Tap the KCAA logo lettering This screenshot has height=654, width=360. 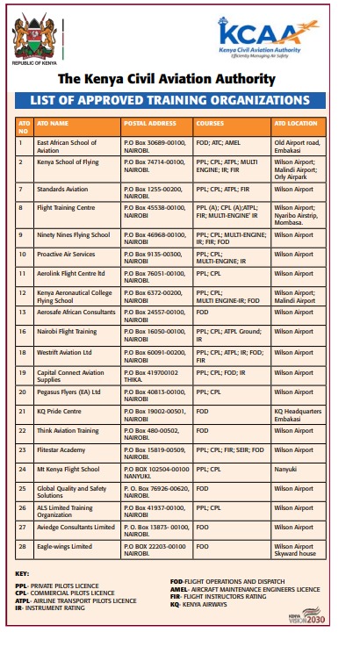262,34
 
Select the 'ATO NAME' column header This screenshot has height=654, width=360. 53,124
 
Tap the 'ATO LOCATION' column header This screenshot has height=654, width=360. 290,124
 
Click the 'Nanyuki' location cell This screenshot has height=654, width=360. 285,469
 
